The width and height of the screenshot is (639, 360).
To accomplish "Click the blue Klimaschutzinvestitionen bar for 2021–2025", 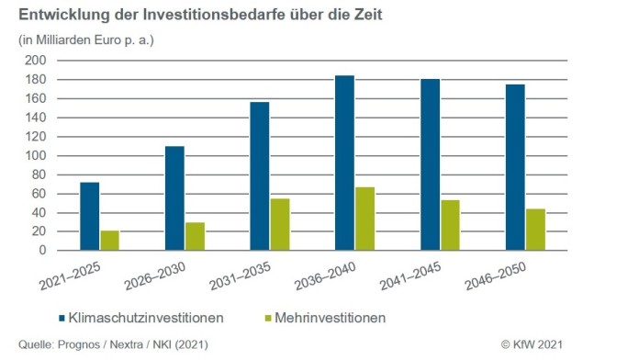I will (89, 217).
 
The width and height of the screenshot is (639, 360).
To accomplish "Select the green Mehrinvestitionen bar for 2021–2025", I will (109, 241).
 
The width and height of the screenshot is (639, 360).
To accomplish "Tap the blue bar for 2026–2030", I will (174, 198).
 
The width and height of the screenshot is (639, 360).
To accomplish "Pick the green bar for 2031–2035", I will (280, 225).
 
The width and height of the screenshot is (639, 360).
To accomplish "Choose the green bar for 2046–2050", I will (535, 230).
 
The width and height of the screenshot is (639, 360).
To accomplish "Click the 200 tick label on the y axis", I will (34, 60).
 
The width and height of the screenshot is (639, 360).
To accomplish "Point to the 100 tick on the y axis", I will (34, 155).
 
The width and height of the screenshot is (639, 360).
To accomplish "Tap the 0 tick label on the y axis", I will (40, 251).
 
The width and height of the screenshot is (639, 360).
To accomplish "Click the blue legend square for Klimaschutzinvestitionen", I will (64, 318).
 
